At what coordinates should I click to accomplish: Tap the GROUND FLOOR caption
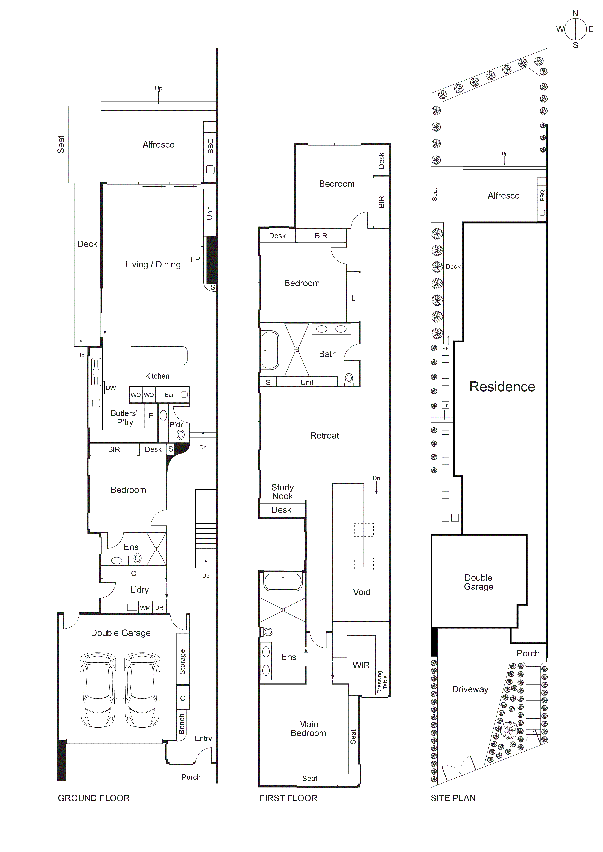pyautogui.click(x=94, y=798)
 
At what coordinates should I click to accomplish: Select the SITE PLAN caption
pyautogui.click(x=453, y=798)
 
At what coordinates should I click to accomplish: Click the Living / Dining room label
pyautogui.click(x=153, y=265)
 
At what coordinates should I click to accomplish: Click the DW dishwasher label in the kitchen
pyautogui.click(x=111, y=388)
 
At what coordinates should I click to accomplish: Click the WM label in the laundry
pyautogui.click(x=145, y=608)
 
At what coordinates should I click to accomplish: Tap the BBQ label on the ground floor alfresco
pyautogui.click(x=210, y=146)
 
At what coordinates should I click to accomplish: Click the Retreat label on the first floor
pyautogui.click(x=324, y=436)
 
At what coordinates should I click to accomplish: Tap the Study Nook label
pyautogui.click(x=282, y=492)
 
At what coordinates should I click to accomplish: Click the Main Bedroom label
pyautogui.click(x=308, y=729)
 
